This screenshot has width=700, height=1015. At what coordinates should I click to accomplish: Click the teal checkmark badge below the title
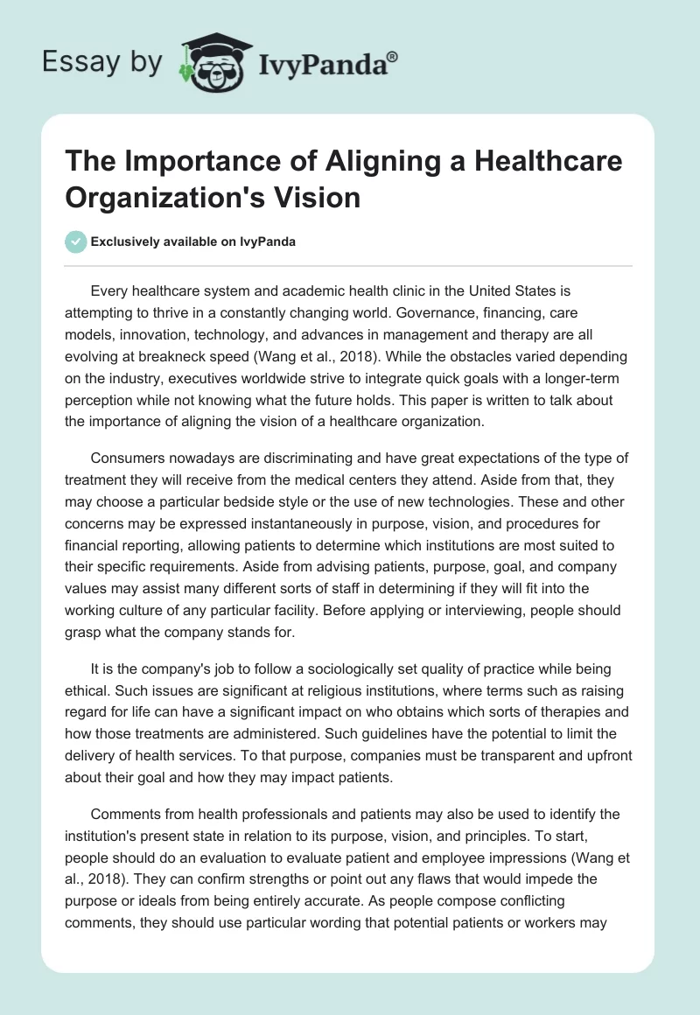coord(75,241)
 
